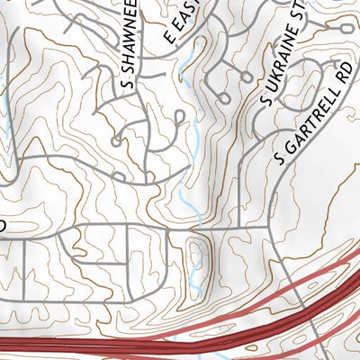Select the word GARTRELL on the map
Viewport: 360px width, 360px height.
(x=311, y=121)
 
